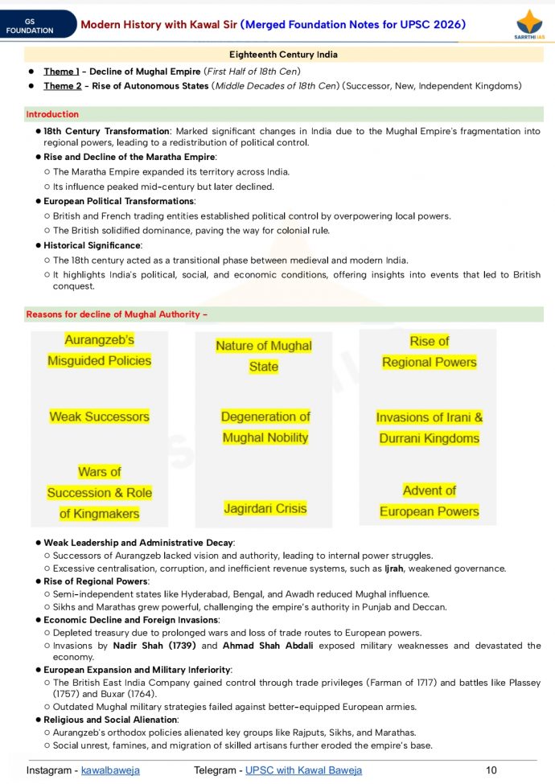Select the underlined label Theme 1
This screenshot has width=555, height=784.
pyautogui.click(x=61, y=72)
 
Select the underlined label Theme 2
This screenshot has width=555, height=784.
pyautogui.click(x=61, y=86)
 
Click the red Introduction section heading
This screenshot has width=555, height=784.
pyautogui.click(x=52, y=114)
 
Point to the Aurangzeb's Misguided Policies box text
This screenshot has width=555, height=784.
pyautogui.click(x=99, y=351)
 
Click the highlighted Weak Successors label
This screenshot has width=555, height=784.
pyautogui.click(x=99, y=417)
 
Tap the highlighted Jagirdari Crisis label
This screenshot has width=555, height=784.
pyautogui.click(x=265, y=508)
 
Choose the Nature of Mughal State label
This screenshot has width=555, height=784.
pyautogui.click(x=264, y=356)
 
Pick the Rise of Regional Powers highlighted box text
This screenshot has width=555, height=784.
pyautogui.click(x=429, y=351)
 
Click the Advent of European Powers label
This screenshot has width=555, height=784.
pyautogui.click(x=429, y=501)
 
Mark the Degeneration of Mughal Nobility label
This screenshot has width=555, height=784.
pyautogui.click(x=265, y=427)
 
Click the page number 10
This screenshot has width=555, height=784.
pyautogui.click(x=491, y=770)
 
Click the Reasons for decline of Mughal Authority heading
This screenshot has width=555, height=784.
pyautogui.click(x=117, y=314)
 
